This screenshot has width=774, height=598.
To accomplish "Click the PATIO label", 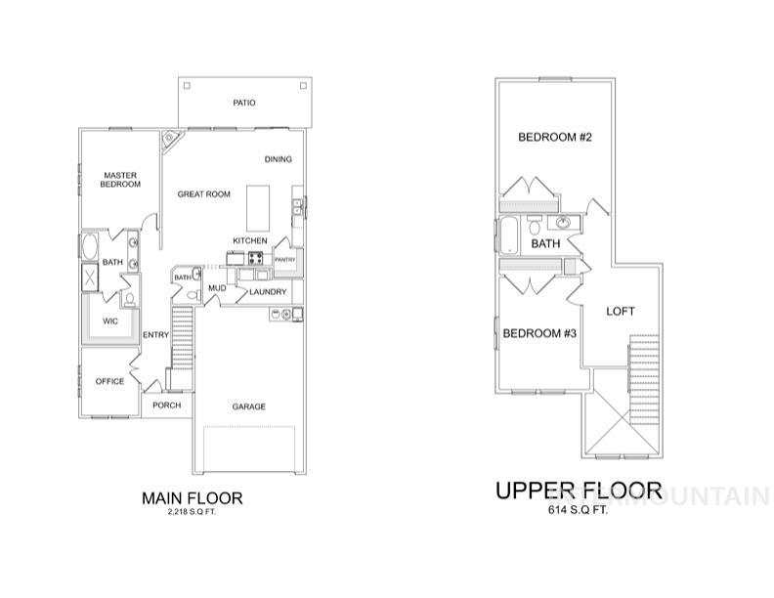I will [x=243, y=102].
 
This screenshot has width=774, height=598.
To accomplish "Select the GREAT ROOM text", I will [x=204, y=194].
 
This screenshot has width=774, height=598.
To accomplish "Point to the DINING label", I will [x=279, y=159].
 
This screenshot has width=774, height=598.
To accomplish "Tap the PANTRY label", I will [x=284, y=260].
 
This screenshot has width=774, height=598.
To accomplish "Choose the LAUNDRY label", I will [x=267, y=291].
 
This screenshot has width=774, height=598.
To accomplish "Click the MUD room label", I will [x=217, y=290].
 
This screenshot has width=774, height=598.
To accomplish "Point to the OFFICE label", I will [x=109, y=381].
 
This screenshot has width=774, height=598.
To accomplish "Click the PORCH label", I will [x=166, y=405].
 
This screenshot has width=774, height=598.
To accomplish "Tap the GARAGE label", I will [x=248, y=406].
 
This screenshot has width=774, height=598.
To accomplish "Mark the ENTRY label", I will [x=155, y=335].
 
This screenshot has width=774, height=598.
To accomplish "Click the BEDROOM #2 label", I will [x=555, y=138].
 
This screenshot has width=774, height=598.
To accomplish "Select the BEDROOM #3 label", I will [x=539, y=334].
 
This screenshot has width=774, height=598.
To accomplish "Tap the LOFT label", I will [x=621, y=312].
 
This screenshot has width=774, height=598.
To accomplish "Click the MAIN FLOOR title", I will [x=192, y=497].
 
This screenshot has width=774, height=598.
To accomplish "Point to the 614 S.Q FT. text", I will [x=579, y=510].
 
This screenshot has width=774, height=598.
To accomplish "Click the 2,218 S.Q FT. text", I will [x=192, y=512].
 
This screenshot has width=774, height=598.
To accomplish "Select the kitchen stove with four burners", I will [x=256, y=259].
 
